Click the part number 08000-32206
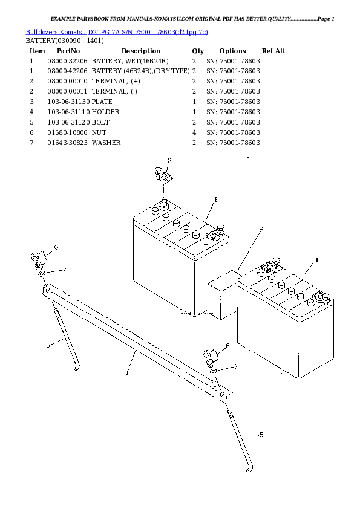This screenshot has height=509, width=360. point(67,61)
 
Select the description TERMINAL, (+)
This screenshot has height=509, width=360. point(116,81)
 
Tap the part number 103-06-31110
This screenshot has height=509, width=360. point(68,112)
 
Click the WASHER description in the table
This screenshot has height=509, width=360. point(106,143)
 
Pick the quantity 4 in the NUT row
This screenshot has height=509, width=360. point(194,132)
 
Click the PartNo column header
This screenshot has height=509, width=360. point(68,51)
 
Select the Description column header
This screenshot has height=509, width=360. point(141,51)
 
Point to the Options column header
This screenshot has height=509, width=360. point(232,51)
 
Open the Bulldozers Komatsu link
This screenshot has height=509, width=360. point(56,32)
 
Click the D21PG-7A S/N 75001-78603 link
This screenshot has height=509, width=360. point(148,32)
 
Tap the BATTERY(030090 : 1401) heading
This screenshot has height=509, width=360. point(65,41)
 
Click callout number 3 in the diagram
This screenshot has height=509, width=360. point(261,227)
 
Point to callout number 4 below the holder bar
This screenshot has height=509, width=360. point(126,374)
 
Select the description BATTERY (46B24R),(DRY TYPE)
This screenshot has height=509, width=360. point(141,71)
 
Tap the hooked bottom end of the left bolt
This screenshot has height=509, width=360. point(77,368)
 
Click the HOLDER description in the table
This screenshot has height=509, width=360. point(106,112)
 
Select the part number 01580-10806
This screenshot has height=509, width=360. point(67,132)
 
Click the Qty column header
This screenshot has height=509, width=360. point(198,51)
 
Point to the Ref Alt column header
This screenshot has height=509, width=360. point(273,51)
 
